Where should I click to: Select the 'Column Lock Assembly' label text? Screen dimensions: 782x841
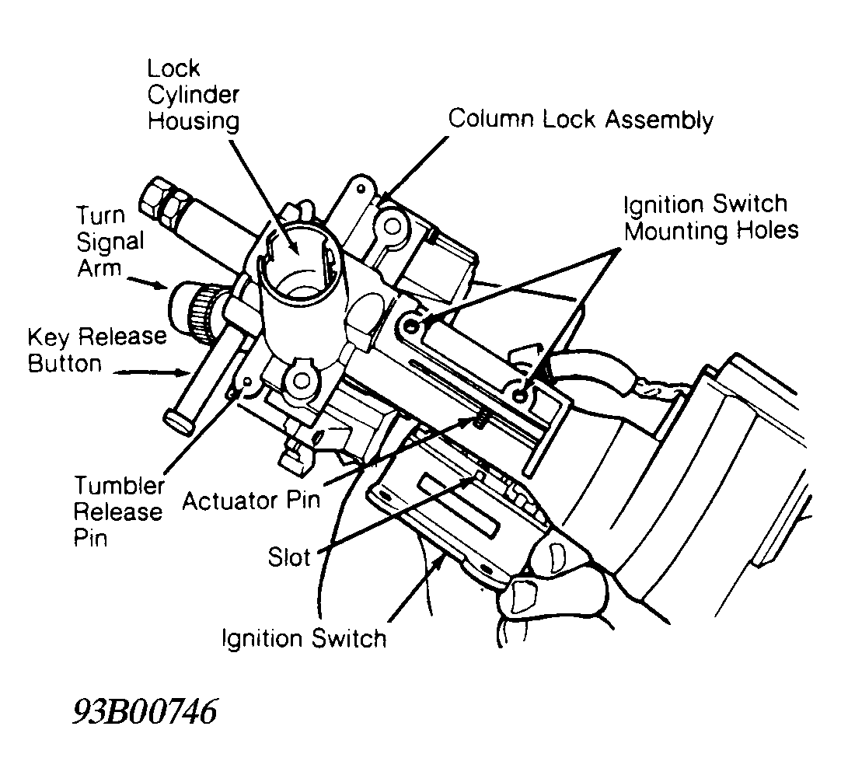[581, 120]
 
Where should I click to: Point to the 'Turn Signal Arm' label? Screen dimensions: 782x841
[110, 242]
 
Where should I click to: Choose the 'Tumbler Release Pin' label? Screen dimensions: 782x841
[118, 511]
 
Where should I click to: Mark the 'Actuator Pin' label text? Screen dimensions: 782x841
[250, 498]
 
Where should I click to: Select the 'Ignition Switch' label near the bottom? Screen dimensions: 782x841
[303, 638]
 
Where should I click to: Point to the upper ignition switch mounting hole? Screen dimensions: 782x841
[412, 319]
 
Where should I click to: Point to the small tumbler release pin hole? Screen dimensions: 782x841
[247, 382]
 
